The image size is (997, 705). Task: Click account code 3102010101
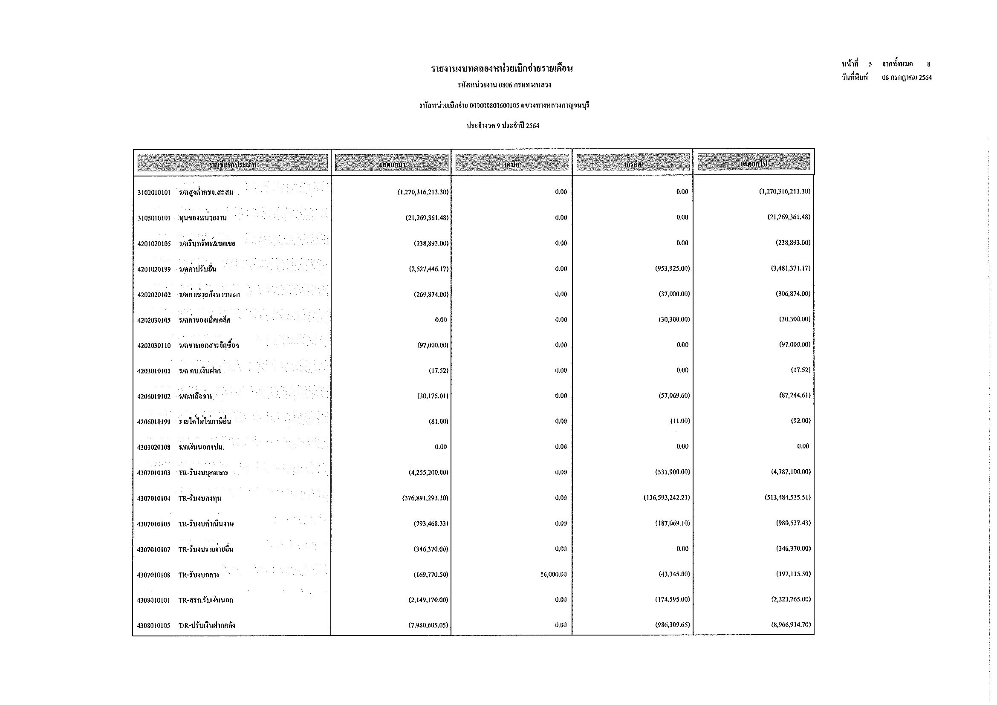click(154, 192)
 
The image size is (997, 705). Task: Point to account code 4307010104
click(154, 498)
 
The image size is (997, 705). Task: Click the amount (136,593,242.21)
click(667, 497)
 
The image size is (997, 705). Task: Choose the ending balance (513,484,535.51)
click(787, 497)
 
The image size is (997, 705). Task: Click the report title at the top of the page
click(502, 69)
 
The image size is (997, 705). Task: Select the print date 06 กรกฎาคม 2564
click(907, 78)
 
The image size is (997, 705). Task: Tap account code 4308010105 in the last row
click(154, 626)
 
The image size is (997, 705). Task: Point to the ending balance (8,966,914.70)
click(790, 625)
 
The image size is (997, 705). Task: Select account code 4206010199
click(154, 422)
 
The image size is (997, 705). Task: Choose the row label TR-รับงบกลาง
click(199, 575)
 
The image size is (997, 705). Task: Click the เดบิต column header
click(512, 164)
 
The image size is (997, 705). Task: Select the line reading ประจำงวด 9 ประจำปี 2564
click(503, 125)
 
